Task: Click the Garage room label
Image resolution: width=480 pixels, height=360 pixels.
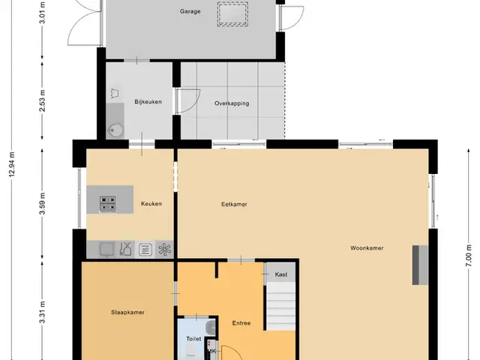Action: (190, 12)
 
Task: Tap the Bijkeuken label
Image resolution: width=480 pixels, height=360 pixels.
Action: (148, 102)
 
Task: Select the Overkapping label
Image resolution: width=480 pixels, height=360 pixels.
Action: (232, 103)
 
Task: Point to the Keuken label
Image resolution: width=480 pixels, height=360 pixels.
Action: (151, 204)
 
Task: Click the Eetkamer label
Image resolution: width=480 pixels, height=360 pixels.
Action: (234, 204)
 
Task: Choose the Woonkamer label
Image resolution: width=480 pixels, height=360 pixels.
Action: (367, 248)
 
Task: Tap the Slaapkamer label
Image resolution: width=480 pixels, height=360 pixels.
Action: (127, 313)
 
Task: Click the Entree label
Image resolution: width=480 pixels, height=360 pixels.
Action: (241, 323)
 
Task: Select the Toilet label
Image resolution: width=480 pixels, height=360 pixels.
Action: (193, 339)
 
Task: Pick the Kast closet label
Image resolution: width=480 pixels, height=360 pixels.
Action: (281, 274)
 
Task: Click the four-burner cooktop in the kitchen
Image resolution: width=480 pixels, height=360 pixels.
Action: (108, 204)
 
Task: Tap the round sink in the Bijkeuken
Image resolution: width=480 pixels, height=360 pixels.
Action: (116, 131)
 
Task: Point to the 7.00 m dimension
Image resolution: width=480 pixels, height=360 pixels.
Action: (469, 256)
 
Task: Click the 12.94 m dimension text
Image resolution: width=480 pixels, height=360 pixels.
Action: (12, 164)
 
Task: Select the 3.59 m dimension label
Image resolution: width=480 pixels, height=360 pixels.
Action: (42, 203)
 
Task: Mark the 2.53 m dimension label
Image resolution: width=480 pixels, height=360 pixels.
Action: (42, 100)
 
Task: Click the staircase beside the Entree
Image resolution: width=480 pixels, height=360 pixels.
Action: (280, 306)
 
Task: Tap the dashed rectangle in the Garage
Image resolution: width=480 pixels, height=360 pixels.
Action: (232, 14)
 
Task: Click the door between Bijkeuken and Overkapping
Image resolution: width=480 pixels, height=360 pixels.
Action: (187, 101)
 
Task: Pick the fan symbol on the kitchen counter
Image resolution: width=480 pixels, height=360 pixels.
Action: (164, 250)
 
